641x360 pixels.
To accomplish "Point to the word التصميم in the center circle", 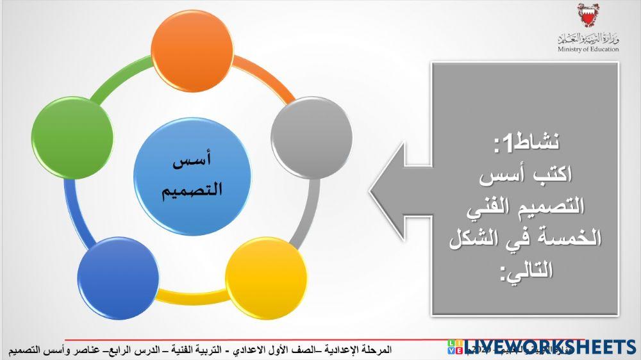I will tap(192, 190).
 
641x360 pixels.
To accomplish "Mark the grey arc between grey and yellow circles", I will tap(306, 211).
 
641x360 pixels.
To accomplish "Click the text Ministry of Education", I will tap(588, 49).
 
